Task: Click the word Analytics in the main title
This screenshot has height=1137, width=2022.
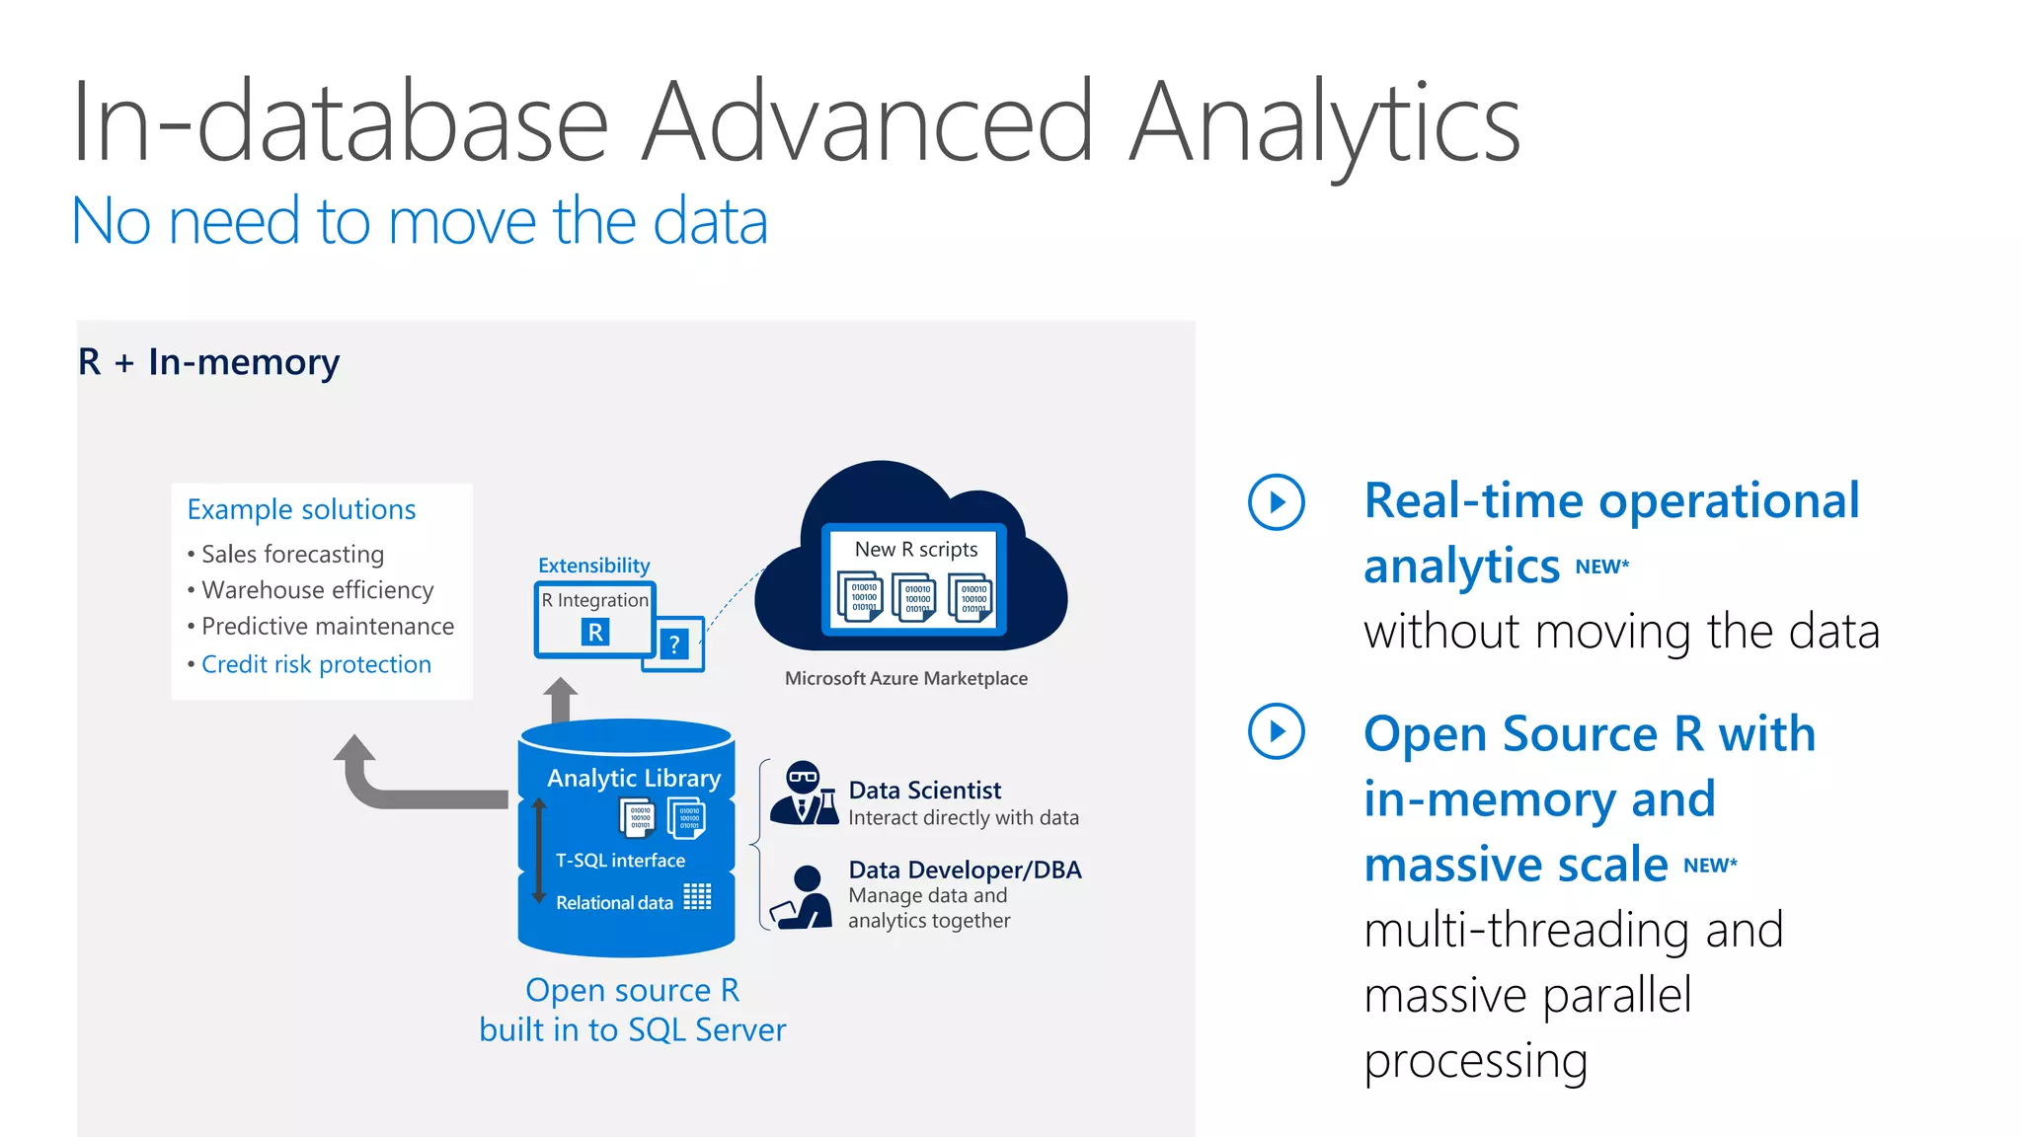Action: (1323, 123)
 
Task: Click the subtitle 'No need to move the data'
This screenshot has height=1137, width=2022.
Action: (420, 221)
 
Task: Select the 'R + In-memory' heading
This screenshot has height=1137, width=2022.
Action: (208, 362)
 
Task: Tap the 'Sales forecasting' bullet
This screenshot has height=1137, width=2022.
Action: (292, 555)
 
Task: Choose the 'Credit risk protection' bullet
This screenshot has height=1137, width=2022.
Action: (316, 664)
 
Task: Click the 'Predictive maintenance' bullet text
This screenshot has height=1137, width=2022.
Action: (327, 627)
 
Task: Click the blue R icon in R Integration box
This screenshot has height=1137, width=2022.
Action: (595, 633)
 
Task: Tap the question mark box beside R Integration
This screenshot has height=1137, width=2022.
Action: (674, 644)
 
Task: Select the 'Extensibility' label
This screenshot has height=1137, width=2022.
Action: (593, 566)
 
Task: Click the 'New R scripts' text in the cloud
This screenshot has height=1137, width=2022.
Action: (916, 549)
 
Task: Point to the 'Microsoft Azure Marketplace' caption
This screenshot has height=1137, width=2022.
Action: (905, 678)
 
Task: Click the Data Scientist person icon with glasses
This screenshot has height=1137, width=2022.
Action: (804, 793)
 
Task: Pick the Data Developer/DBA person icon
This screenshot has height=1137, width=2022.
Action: (803, 896)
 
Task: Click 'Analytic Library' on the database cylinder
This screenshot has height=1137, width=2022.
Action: (634, 779)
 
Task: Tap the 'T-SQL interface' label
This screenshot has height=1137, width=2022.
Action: (620, 861)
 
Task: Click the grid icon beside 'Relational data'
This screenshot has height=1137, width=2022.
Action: (697, 896)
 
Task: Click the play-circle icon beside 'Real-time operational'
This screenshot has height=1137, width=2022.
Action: (1276, 502)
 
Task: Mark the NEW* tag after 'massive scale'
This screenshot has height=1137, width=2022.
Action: (1710, 866)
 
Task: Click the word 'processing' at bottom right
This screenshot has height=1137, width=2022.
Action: (1475, 1062)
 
